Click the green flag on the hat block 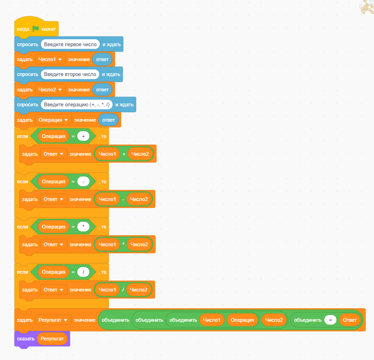click(35, 29)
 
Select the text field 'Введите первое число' click(70, 44)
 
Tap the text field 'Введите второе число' click(70, 74)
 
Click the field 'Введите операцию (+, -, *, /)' click(76, 104)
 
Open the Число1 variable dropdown click(50, 59)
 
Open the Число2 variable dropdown click(50, 90)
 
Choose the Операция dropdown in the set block click(53, 120)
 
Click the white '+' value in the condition click(83, 136)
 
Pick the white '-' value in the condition click(83, 181)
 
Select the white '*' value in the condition click(83, 227)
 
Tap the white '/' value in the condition click(83, 272)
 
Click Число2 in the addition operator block click(140, 154)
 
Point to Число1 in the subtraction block click(107, 199)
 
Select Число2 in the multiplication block click(139, 244)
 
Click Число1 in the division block click(107, 290)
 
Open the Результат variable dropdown click(53, 320)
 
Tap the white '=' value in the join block click(330, 320)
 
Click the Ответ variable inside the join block click(350, 320)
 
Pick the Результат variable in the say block click(52, 339)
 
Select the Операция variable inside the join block click(242, 320)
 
